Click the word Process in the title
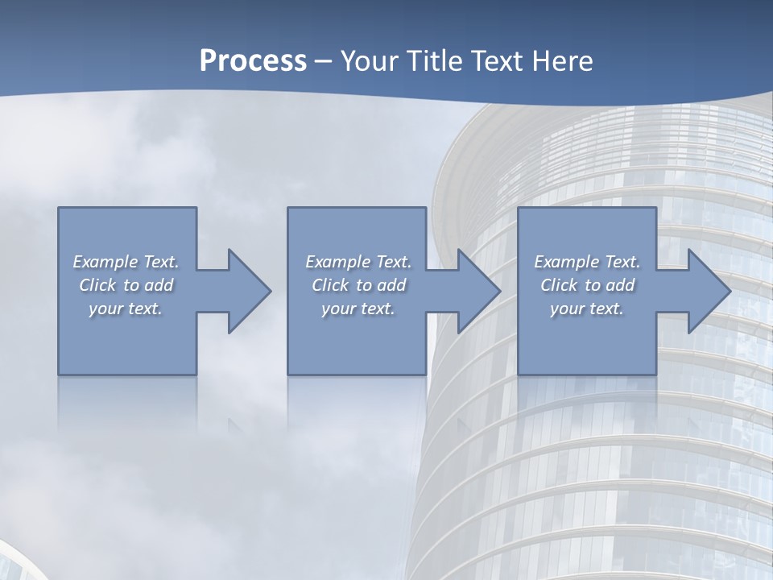point(253,61)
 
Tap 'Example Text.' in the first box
point(126,262)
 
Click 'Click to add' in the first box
point(126,285)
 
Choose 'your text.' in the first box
point(126,309)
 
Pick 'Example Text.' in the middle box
point(358,262)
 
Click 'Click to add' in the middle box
point(358,285)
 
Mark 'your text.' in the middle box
point(358,309)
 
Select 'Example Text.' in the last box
point(587,262)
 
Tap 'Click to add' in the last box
point(587,285)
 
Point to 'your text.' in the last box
point(587,309)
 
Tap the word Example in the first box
point(105,262)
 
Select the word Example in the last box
point(567,262)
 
